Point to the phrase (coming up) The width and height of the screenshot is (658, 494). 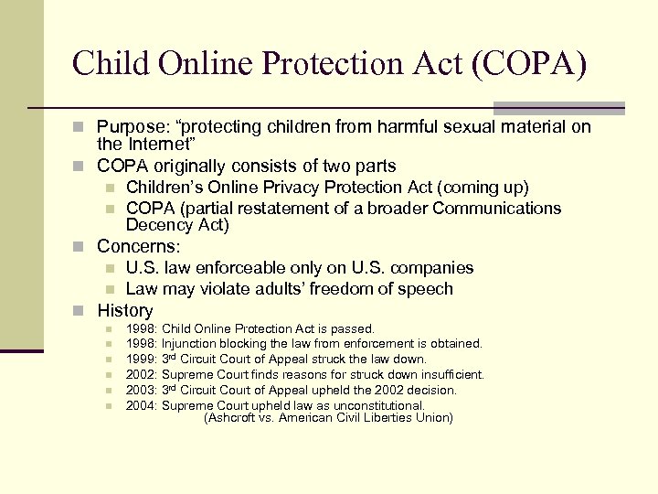tap(483, 188)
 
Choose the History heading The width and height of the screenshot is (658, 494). tap(125, 310)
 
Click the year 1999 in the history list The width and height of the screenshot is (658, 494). tap(141, 360)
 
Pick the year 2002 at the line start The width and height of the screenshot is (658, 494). tap(141, 374)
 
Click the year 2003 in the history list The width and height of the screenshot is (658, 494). tap(141, 390)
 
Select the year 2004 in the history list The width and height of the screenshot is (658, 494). tap(141, 405)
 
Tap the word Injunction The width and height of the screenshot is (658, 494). tap(189, 344)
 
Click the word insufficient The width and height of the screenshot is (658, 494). tap(451, 374)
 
